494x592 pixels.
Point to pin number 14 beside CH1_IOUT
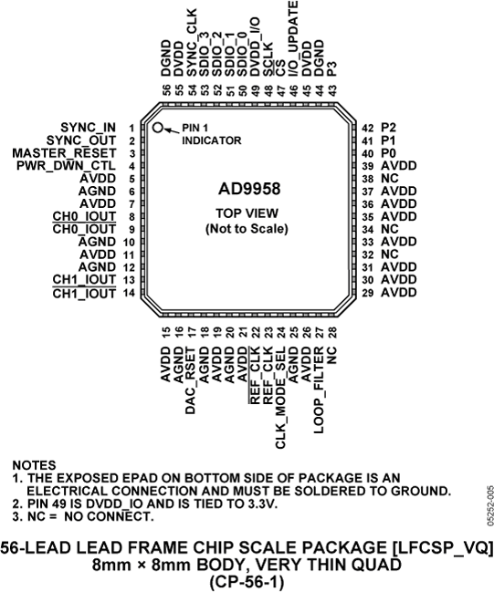coord(132,294)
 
